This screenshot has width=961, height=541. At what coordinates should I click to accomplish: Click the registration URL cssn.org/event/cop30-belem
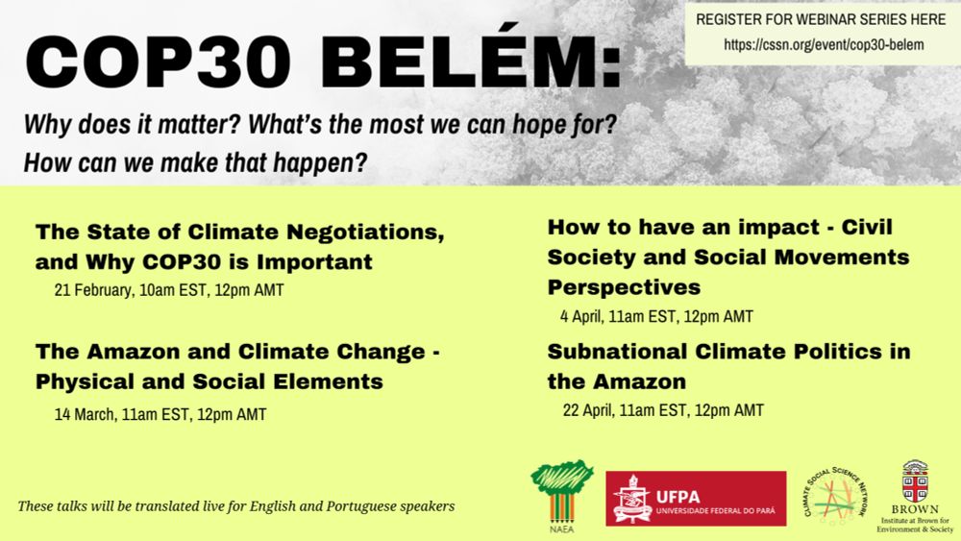[x=824, y=44]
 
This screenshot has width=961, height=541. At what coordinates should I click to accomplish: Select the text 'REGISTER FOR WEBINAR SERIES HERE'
[x=821, y=19]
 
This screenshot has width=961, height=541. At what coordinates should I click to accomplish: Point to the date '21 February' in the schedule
[x=93, y=290]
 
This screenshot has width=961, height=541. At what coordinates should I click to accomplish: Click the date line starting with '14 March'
[x=160, y=414]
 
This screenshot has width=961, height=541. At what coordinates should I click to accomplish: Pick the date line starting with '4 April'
[x=656, y=316]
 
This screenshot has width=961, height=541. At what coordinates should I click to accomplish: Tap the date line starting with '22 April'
[x=663, y=410]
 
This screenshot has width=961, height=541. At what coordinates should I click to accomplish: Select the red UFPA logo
[x=696, y=498]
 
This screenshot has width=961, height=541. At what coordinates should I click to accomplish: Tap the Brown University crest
[x=915, y=481]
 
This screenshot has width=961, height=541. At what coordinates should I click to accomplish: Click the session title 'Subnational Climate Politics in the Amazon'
[x=728, y=366]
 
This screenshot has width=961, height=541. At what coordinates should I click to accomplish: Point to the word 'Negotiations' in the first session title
[x=365, y=233]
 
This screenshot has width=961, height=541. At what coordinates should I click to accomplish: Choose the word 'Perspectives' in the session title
[x=624, y=287]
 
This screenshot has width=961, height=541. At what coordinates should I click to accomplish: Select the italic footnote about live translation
[x=236, y=506]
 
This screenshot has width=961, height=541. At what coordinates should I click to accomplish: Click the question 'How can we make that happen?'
[x=195, y=163]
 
